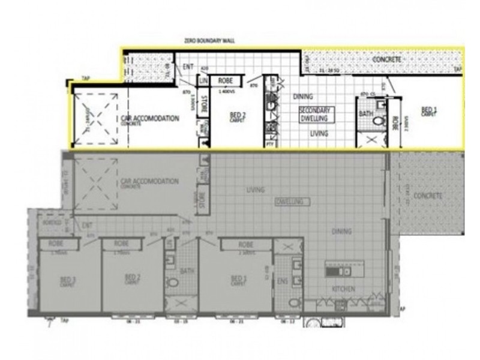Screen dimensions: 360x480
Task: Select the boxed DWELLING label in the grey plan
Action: tap(291, 202)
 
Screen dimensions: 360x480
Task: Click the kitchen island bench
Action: tap(344, 271)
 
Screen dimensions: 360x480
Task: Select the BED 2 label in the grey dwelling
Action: tap(133, 278)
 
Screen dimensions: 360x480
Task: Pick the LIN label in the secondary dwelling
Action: tap(203, 80)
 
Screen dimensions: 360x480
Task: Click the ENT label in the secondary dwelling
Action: tap(188, 67)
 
